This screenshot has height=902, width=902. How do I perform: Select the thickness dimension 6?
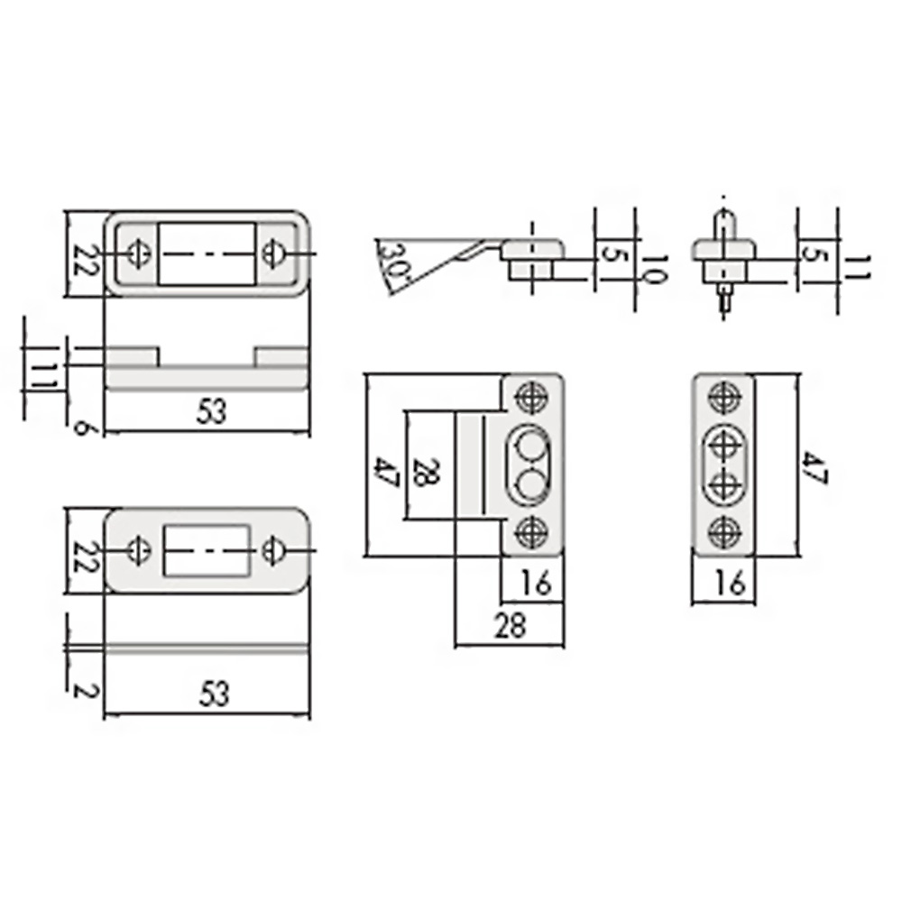point(82,428)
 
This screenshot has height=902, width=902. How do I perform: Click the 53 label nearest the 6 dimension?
point(212,412)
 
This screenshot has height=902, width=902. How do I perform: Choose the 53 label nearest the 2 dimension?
point(214,695)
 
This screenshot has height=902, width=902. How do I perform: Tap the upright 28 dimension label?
point(511,626)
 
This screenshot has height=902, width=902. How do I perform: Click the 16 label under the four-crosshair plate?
point(731,584)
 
